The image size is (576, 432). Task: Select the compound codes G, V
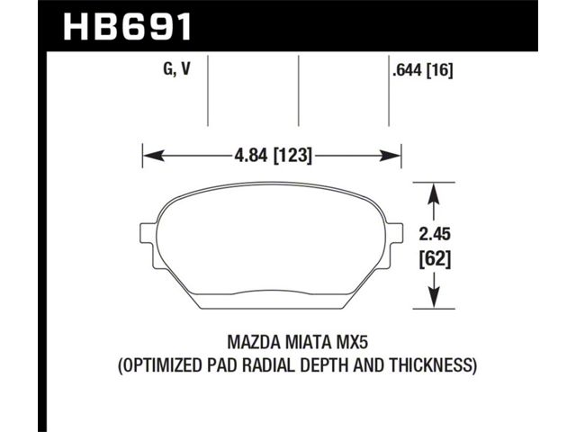[x=177, y=68]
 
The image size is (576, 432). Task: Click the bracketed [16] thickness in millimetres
[x=440, y=70]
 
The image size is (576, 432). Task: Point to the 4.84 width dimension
[x=252, y=156]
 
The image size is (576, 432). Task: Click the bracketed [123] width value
[x=293, y=156]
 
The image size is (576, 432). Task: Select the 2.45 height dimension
[x=435, y=234]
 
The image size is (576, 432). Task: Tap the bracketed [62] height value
[x=435, y=260]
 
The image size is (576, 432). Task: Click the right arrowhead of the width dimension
[x=390, y=156]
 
